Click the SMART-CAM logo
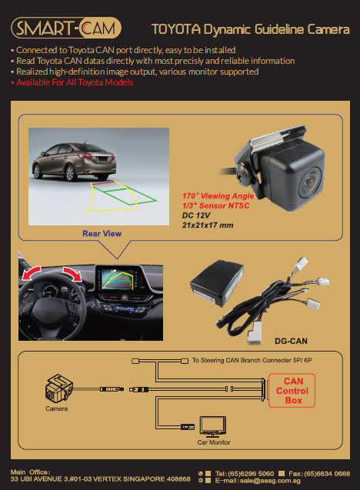coord(66,28)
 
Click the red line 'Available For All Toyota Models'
coord(75,82)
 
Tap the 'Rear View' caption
coord(102,234)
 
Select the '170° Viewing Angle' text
coord(218,196)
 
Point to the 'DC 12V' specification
coord(196,215)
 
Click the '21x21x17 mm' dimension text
coord(208,225)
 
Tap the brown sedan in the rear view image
coord(74,162)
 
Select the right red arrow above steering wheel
coord(72,273)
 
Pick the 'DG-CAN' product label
coord(291,342)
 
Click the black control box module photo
coord(217,283)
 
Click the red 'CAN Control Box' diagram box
coord(292,391)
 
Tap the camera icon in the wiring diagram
coord(58,388)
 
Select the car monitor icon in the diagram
coord(213,427)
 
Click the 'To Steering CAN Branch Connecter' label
coord(252,360)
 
